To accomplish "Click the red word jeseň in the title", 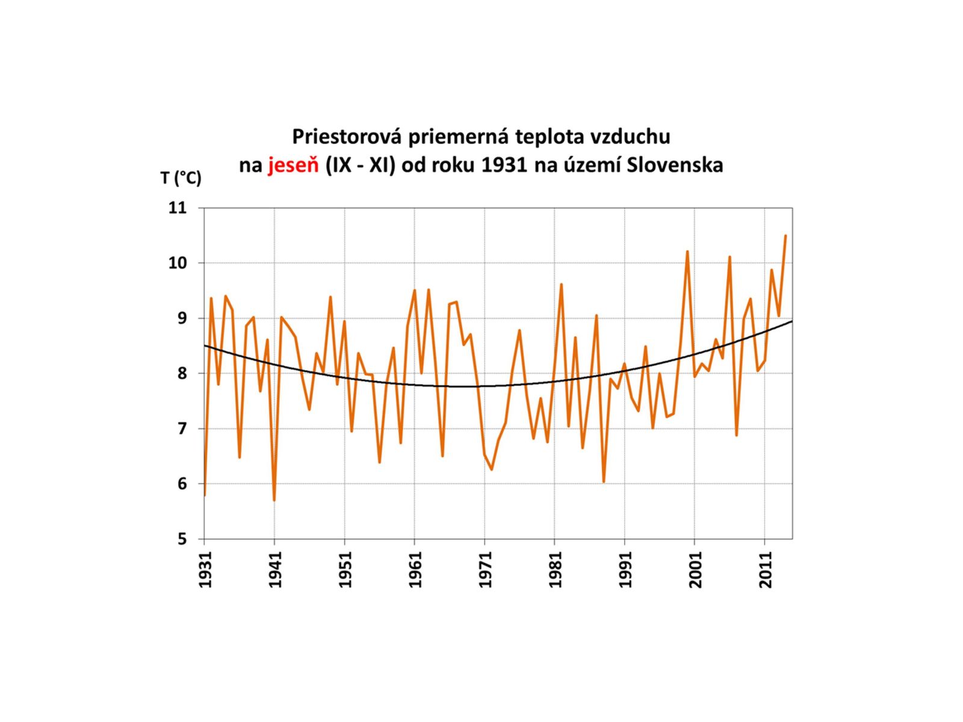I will click(293, 165).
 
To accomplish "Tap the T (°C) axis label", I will click(181, 178).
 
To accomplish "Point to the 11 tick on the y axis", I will click(178, 208).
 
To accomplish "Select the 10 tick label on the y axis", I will click(178, 263).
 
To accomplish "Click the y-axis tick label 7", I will click(182, 428).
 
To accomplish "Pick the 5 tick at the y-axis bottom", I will click(182, 539).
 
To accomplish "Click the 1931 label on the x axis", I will click(206, 570).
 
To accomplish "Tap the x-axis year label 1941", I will click(276, 570).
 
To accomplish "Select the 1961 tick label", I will click(415, 570).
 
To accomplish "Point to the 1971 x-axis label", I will click(486, 570).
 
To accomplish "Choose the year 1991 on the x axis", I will click(625, 570).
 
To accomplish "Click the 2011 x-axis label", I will click(766, 570).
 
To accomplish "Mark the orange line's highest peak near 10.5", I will click(785, 236).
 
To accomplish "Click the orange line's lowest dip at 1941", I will click(274, 500).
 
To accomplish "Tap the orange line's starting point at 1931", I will click(205, 495).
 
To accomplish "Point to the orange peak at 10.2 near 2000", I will click(687, 251).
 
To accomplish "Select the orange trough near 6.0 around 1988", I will click(604, 482).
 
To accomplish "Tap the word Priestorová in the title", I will click(348, 137).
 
